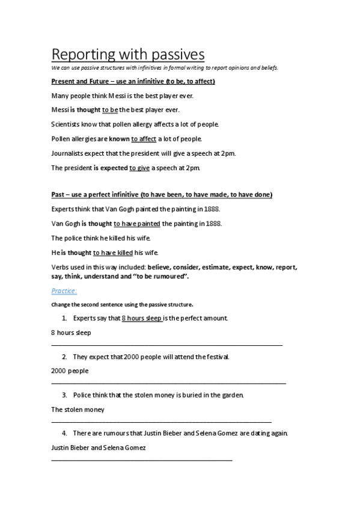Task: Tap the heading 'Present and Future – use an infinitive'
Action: pos(133,81)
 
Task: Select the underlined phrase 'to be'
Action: pos(110,110)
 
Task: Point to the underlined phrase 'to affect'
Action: pos(144,139)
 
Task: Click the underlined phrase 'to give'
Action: pos(139,168)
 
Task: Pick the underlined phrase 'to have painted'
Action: pos(137,224)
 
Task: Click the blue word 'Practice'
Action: pos(63,291)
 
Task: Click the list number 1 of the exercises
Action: pos(64,318)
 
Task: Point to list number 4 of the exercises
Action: pos(64,433)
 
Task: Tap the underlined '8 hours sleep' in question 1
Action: pos(142,318)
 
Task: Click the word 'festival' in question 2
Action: pos(215,357)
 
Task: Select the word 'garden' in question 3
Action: pos(231,395)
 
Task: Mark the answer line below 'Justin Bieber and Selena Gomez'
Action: pos(142,460)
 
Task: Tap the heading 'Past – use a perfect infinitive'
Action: pos(162,195)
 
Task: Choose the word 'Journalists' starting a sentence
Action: pos(68,153)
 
